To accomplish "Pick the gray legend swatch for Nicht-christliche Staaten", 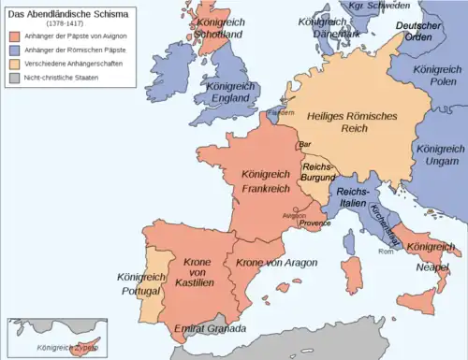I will click(x=13, y=76).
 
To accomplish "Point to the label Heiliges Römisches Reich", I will click(x=349, y=121).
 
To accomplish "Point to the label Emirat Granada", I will click(x=210, y=330).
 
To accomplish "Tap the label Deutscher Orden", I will click(x=418, y=31).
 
